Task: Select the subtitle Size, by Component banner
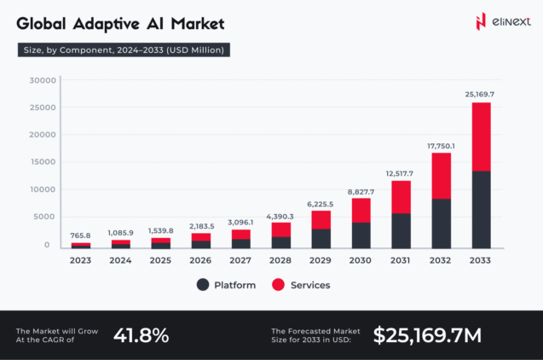[123, 50]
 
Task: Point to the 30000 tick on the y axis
[42, 81]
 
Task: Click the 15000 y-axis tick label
[42, 162]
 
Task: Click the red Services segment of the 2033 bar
[481, 136]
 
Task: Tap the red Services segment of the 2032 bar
[441, 176]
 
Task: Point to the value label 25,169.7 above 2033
[481, 94]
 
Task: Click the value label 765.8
[80, 235]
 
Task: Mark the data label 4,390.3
[280, 216]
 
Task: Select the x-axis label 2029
[321, 260]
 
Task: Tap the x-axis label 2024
[120, 260]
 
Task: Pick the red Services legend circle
[278, 285]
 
